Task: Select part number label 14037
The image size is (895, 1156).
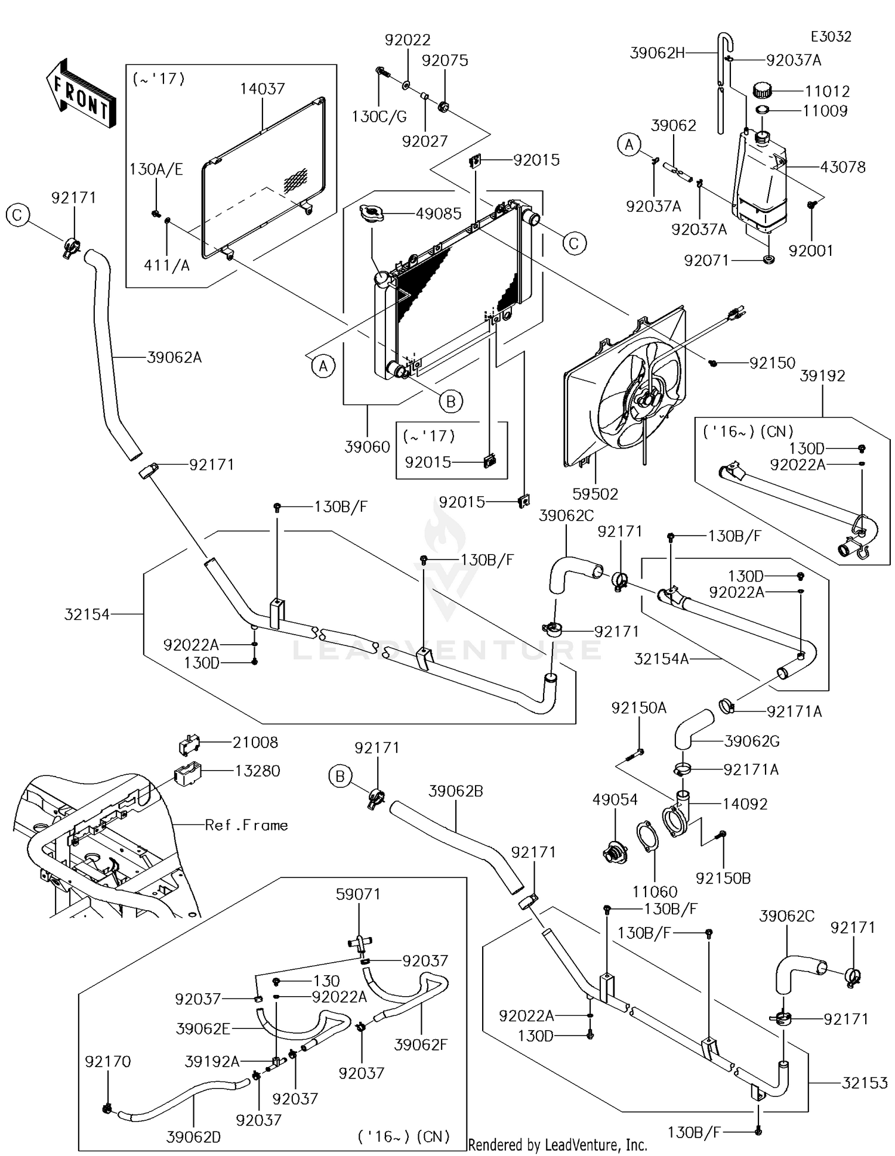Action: pyautogui.click(x=263, y=89)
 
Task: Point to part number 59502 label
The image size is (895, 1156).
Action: pyautogui.click(x=595, y=494)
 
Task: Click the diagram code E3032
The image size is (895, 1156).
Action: pyautogui.click(x=831, y=36)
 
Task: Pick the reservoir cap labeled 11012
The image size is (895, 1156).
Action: pyautogui.click(x=762, y=91)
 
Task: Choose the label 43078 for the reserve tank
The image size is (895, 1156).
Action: pyautogui.click(x=842, y=167)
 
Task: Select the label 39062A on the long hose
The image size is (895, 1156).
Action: pyautogui.click(x=174, y=357)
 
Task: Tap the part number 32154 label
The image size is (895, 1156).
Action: pyautogui.click(x=87, y=614)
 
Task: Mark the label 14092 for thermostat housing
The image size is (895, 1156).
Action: pyautogui.click(x=745, y=803)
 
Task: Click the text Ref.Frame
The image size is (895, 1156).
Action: pyautogui.click(x=246, y=825)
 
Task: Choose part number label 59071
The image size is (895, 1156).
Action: pyautogui.click(x=358, y=894)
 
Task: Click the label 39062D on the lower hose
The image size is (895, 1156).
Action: pyautogui.click(x=193, y=1137)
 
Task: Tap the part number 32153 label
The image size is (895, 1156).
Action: pyautogui.click(x=865, y=1083)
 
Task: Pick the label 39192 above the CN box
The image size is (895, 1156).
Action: pyautogui.click(x=822, y=376)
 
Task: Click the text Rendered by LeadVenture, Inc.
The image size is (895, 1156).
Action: pyautogui.click(x=557, y=1145)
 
